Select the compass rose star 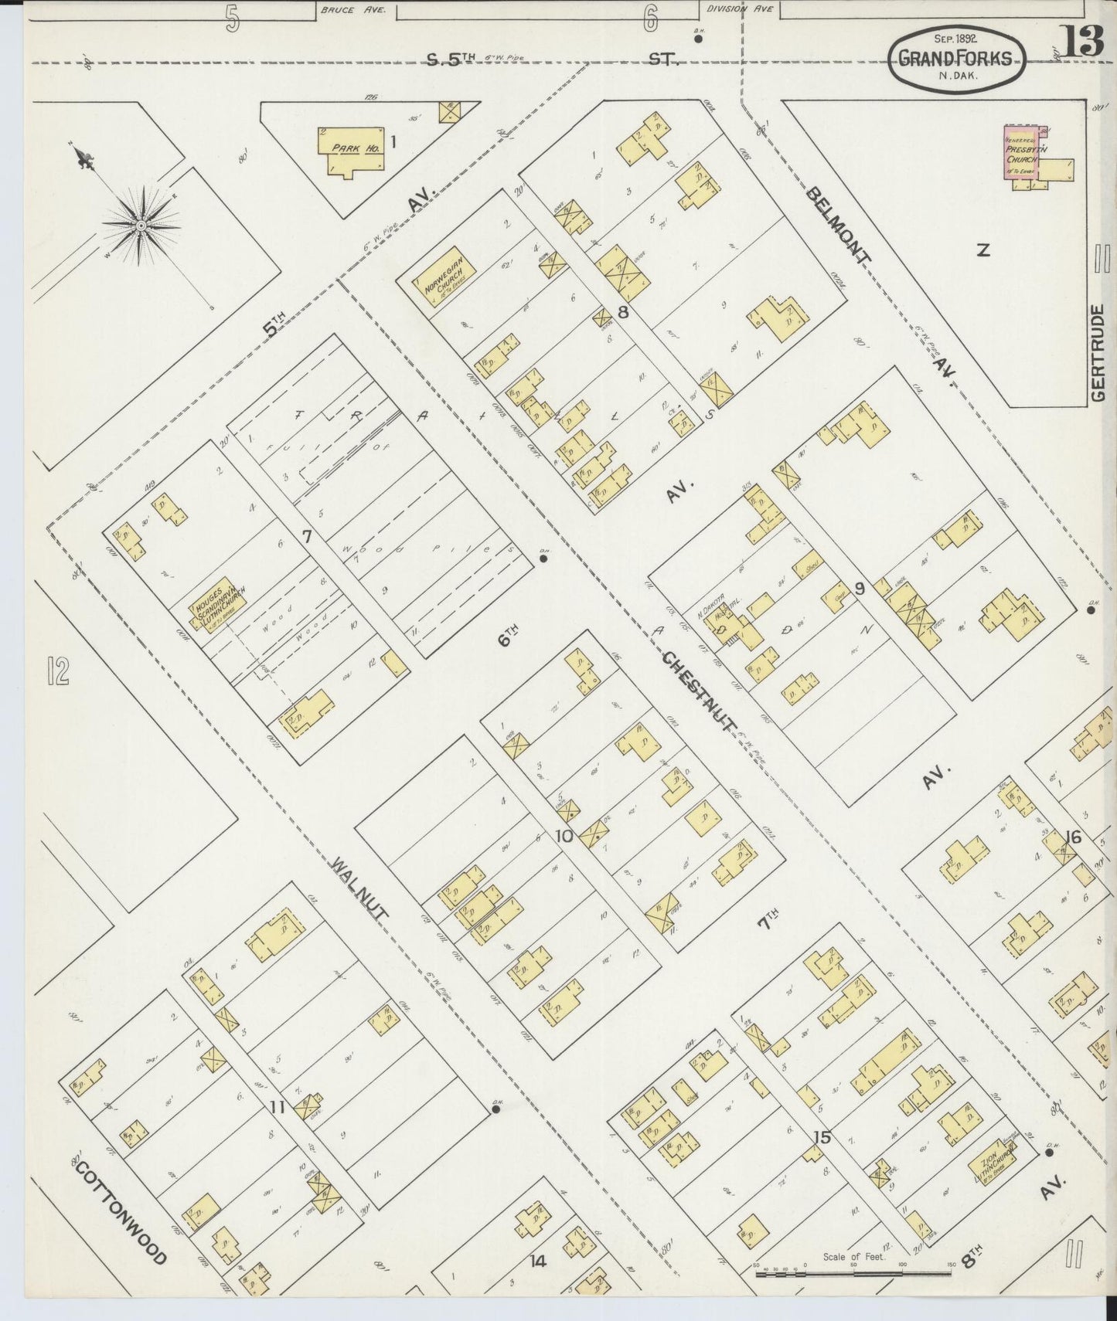pos(142,225)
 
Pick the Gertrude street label pos(1099,352)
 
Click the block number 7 pos(306,535)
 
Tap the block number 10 pos(564,835)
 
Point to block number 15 pos(822,1136)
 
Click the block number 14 pos(537,1262)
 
